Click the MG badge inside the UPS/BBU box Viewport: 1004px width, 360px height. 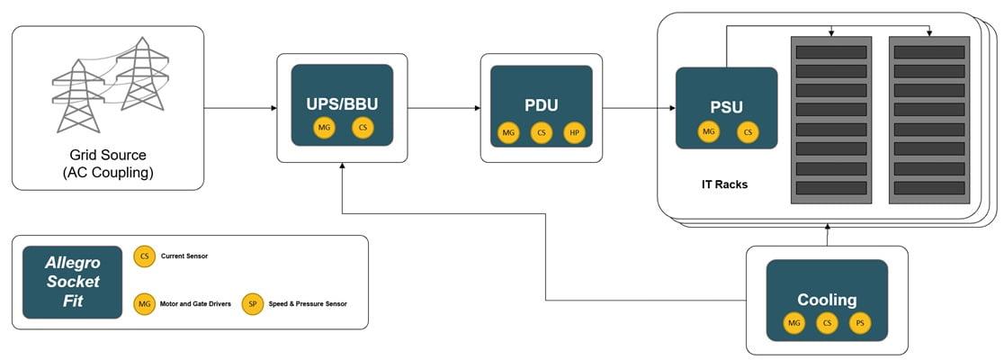325,129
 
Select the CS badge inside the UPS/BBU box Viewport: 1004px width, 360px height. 363,129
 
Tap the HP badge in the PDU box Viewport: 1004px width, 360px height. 574,133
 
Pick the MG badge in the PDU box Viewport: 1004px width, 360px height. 509,133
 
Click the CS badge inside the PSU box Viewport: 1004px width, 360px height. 746,133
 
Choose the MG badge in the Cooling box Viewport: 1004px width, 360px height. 793,323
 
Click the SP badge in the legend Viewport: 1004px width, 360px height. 253,304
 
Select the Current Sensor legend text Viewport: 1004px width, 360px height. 184,256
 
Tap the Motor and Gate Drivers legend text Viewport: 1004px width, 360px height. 196,304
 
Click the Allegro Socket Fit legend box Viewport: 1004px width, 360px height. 73,282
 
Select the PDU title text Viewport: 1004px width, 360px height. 542,104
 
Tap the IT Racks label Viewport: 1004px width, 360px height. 724,184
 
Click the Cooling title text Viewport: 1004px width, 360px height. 826,299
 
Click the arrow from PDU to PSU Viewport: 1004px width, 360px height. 639,109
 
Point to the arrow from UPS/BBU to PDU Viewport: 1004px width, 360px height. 444,109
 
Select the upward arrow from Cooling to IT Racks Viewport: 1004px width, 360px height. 827,234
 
